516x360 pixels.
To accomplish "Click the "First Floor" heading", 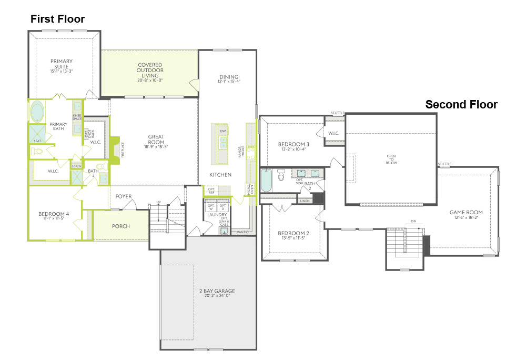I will click(57, 19).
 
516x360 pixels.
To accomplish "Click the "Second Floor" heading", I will click(461, 105).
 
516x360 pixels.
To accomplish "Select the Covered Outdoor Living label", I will click(150, 71).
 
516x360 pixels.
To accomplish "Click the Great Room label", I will click(156, 139).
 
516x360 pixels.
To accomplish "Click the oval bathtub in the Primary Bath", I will click(37, 112).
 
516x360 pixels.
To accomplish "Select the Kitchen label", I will click(220, 175).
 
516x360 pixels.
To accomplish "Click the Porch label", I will click(120, 226).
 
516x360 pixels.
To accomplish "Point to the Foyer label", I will click(123, 196).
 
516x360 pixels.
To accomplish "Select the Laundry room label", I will click(217, 215).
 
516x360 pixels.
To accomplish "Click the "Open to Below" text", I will click(391, 159).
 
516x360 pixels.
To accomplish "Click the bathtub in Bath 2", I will click(266, 181).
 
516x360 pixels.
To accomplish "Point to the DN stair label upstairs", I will click(413, 221).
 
